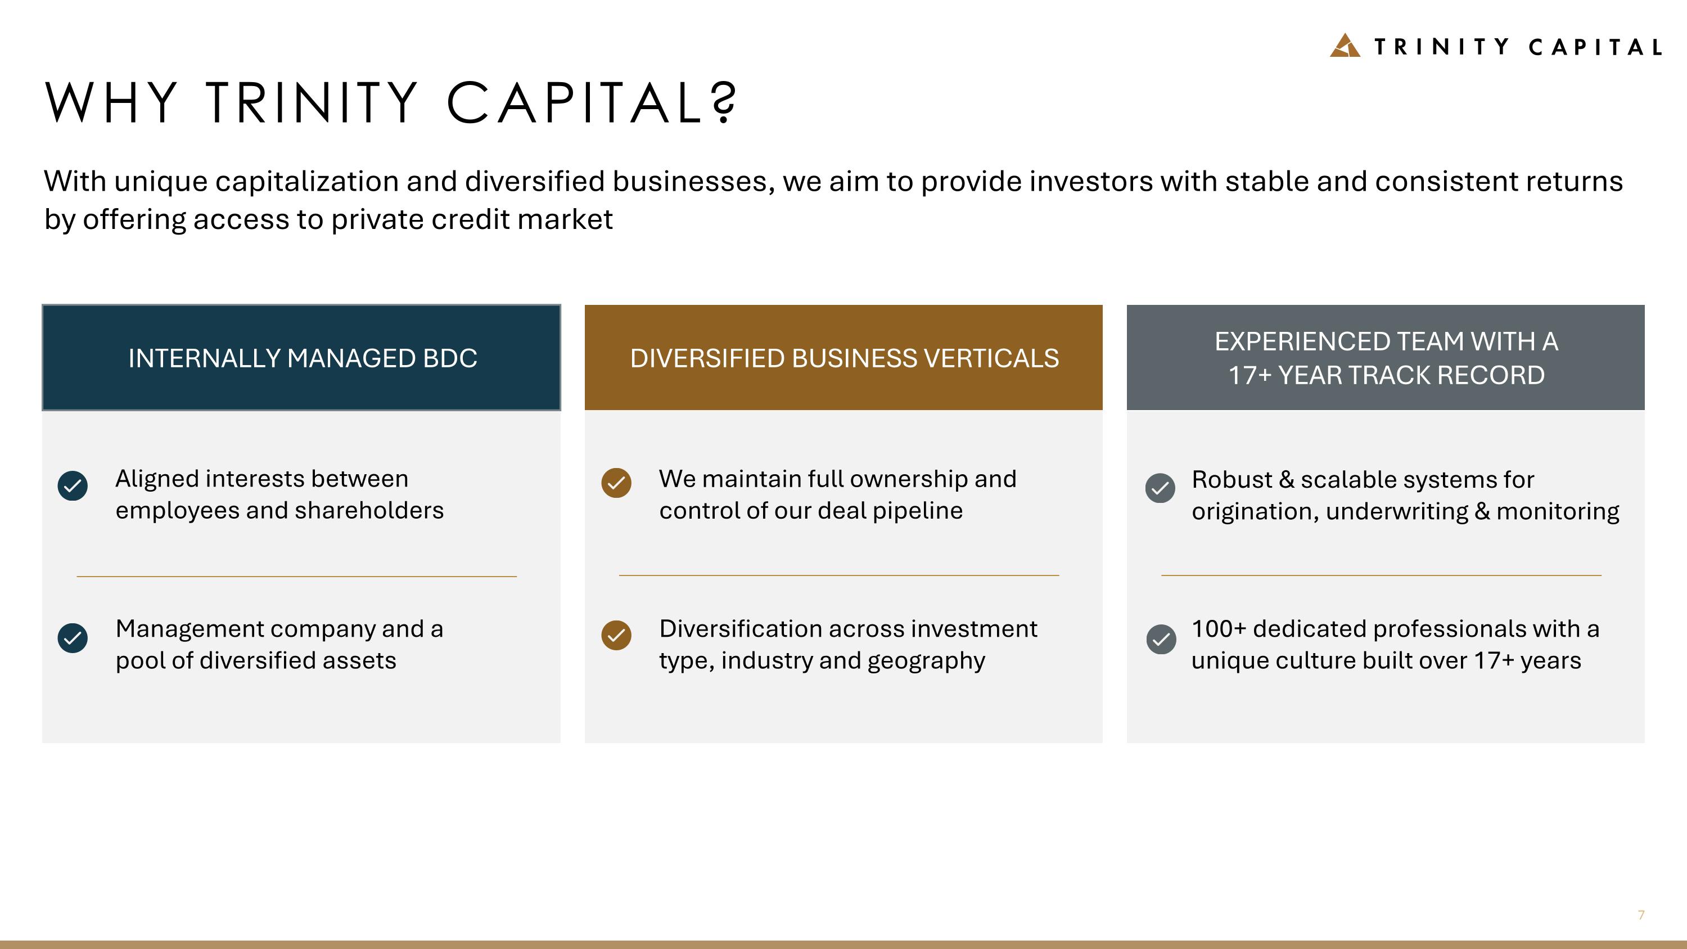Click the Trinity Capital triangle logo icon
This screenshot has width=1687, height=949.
click(1345, 46)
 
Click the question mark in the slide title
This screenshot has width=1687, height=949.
click(724, 103)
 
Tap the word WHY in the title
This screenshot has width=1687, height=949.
click(111, 103)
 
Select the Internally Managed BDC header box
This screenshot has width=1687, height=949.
click(301, 358)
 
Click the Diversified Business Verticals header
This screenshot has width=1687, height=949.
click(843, 358)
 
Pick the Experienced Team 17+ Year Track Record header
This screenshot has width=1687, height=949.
click(1385, 358)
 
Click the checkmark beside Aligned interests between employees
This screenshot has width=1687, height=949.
click(73, 486)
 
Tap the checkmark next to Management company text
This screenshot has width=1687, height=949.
click(73, 638)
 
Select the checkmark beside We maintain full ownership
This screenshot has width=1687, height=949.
click(616, 483)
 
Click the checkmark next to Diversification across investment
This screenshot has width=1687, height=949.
click(616, 635)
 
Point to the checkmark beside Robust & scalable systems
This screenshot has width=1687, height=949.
click(1160, 488)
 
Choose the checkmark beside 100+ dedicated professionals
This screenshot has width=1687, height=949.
click(1161, 639)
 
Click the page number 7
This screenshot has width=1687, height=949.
click(1641, 915)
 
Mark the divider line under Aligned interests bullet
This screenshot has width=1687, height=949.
click(297, 577)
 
